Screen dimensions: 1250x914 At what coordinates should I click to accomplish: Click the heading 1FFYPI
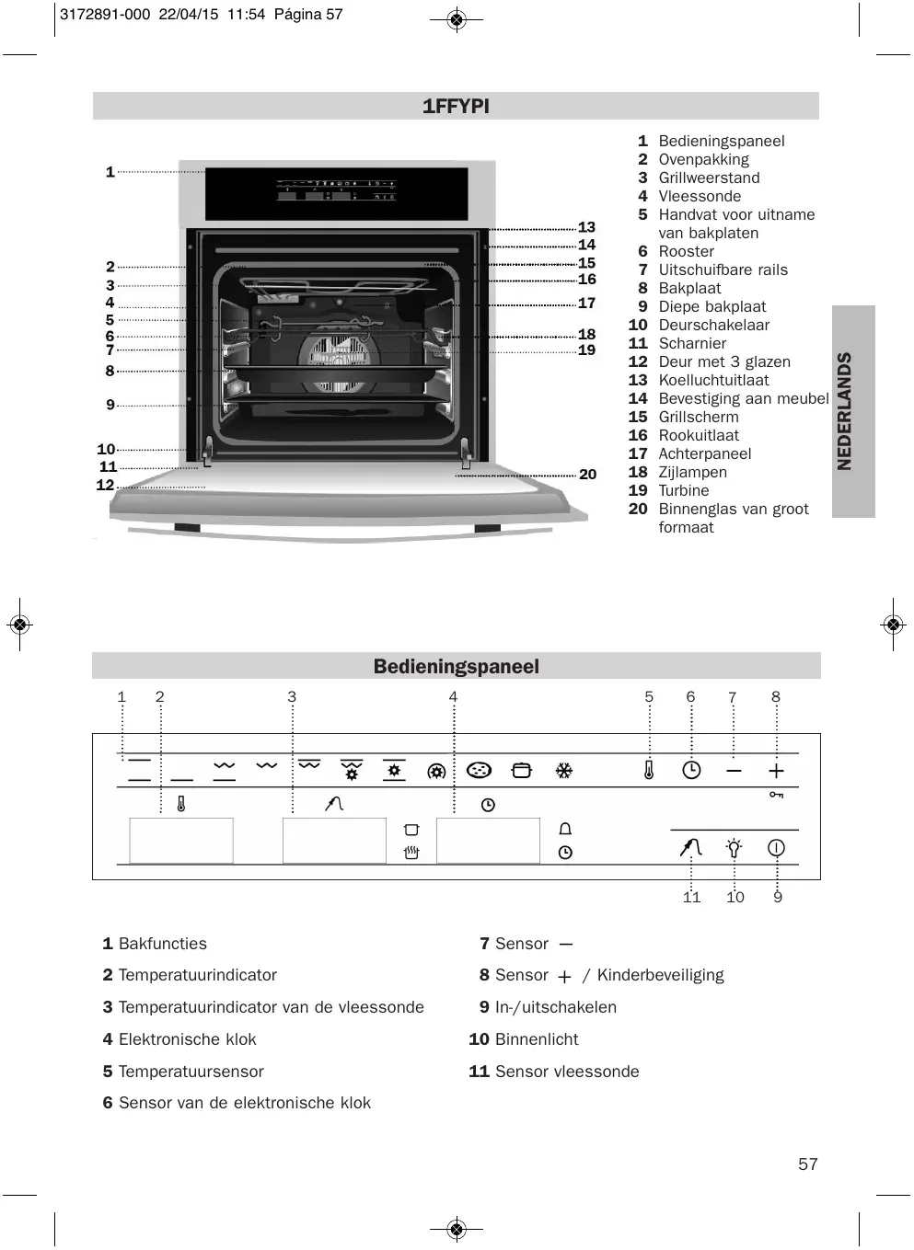[456, 107]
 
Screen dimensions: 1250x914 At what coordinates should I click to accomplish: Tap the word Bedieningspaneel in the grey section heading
[456, 667]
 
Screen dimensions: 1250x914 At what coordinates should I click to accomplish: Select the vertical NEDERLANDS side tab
[845, 411]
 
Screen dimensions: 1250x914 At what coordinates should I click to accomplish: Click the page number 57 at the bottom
[807, 1164]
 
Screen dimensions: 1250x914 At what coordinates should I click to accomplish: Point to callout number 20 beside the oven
[587, 475]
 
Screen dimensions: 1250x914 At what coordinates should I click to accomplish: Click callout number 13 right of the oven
[586, 227]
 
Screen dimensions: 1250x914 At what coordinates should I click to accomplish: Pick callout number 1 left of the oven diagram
[110, 172]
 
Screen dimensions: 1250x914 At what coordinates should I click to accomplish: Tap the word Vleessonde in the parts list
[699, 196]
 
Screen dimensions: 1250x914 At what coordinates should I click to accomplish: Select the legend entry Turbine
[683, 490]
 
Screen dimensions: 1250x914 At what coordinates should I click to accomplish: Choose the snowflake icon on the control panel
[564, 771]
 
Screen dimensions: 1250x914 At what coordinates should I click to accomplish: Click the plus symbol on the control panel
[776, 771]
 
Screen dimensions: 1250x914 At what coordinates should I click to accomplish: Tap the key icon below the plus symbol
[776, 795]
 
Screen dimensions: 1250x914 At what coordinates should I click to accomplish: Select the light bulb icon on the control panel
[734, 847]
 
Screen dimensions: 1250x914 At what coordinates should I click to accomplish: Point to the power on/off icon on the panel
[776, 847]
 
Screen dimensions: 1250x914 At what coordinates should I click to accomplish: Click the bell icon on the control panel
[565, 830]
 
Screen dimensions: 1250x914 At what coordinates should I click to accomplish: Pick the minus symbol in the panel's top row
[734, 771]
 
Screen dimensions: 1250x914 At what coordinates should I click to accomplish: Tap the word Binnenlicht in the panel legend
[537, 1039]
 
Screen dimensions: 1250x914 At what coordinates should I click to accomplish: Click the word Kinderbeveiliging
[660, 975]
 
